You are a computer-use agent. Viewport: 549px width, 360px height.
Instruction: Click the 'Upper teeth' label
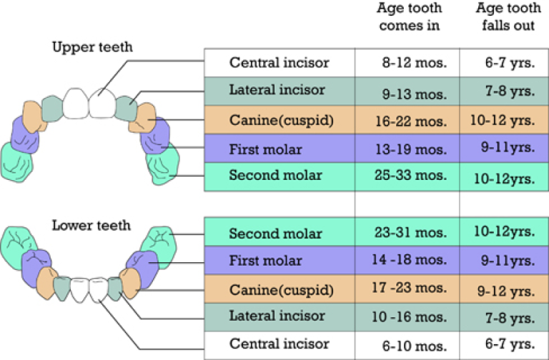pos(92,47)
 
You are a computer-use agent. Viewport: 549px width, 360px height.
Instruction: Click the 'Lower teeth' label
pos(91,225)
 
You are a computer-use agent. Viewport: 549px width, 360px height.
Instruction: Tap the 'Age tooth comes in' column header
pos(410,16)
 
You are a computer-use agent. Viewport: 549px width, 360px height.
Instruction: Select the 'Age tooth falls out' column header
pos(508,16)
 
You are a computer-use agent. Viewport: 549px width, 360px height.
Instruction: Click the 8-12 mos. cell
pos(415,63)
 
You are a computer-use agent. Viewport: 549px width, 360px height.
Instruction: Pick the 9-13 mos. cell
pos(415,94)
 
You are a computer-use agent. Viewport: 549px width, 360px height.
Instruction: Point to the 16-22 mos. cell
pos(411,121)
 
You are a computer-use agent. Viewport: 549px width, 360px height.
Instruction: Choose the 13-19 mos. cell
pos(411,150)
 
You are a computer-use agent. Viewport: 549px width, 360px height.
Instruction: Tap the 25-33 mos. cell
pos(411,175)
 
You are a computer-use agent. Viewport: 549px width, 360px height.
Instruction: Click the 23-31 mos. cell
pos(411,232)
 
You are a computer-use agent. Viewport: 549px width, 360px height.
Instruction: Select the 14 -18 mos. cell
pos(410,260)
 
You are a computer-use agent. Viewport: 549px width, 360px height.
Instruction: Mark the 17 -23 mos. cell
pos(410,288)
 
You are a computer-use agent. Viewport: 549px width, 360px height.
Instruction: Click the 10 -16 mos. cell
pos(410,317)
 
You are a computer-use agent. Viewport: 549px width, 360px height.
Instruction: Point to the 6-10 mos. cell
pos(415,346)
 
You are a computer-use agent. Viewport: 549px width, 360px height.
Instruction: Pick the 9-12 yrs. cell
pos(506,291)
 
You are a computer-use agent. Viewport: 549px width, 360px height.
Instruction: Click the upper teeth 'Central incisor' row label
pos(280,63)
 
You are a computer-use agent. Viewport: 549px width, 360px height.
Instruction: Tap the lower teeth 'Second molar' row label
pos(275,234)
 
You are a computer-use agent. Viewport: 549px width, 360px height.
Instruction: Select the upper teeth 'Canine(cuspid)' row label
pos(282,120)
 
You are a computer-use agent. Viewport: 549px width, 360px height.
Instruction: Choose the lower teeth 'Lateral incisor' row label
pos(277,316)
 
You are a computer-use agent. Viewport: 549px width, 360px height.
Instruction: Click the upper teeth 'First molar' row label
pos(265,150)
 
